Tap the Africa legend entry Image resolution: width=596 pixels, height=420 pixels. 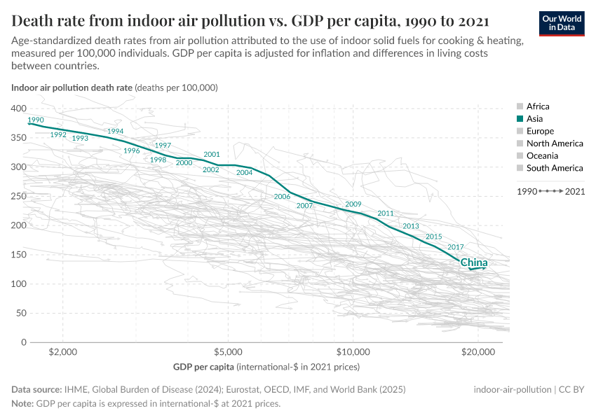pyautogui.click(x=537, y=106)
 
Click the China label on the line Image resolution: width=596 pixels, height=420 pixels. pyautogui.click(x=474, y=262)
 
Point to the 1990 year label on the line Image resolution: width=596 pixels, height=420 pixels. pyautogui.click(x=36, y=120)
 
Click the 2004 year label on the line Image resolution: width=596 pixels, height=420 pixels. pyautogui.click(x=244, y=172)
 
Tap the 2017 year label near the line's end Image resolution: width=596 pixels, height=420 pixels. pyautogui.click(x=456, y=247)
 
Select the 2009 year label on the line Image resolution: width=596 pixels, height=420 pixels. pyautogui.click(x=353, y=204)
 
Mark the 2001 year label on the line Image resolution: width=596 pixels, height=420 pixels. pyautogui.click(x=212, y=154)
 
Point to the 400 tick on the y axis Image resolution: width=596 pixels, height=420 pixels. pyautogui.click(x=19, y=108)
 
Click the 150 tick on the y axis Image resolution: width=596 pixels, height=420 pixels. pyautogui.click(x=19, y=255)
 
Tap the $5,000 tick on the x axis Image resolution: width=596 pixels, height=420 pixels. pyautogui.click(x=228, y=352)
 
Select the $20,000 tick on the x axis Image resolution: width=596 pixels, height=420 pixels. pyautogui.click(x=477, y=352)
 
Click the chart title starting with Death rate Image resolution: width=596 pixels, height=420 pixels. pyautogui.click(x=250, y=20)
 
